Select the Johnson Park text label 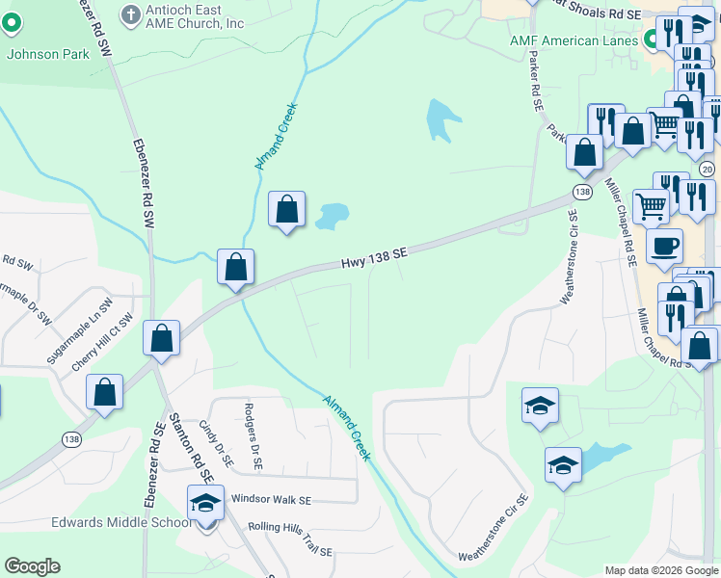coord(48,54)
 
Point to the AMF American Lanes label coord(574,41)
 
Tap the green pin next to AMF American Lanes coord(652,39)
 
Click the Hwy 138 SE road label coord(375,257)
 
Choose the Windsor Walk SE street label coord(271,501)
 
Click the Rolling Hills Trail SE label coord(289,527)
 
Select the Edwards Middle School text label coord(109,523)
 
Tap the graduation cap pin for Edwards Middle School coord(204,504)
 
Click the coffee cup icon coord(664,246)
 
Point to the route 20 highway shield coord(708,170)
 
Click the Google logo coord(32,566)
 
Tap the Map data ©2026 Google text coord(661,570)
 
